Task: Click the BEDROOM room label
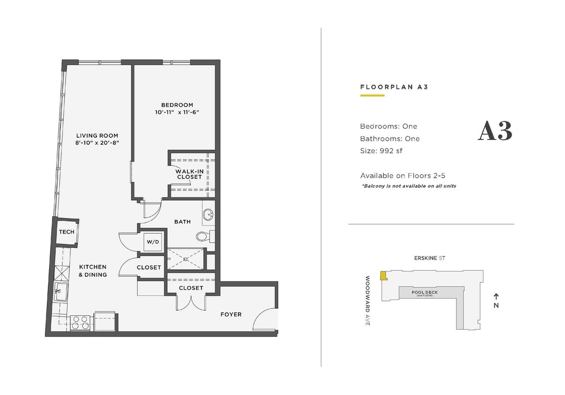tap(177, 105)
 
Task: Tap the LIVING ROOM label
tap(97, 136)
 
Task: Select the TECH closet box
tap(67, 232)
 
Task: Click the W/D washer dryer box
tap(153, 242)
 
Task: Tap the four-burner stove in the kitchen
tap(80, 322)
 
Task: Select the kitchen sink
tap(60, 292)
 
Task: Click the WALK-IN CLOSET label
tap(189, 174)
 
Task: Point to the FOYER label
tap(231, 315)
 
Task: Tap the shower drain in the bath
tap(186, 258)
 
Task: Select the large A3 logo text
tap(495, 132)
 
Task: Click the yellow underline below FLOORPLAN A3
tap(372, 95)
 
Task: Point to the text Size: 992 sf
tap(381, 151)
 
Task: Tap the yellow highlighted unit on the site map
tap(383, 276)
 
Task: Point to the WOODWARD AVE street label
tap(368, 300)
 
